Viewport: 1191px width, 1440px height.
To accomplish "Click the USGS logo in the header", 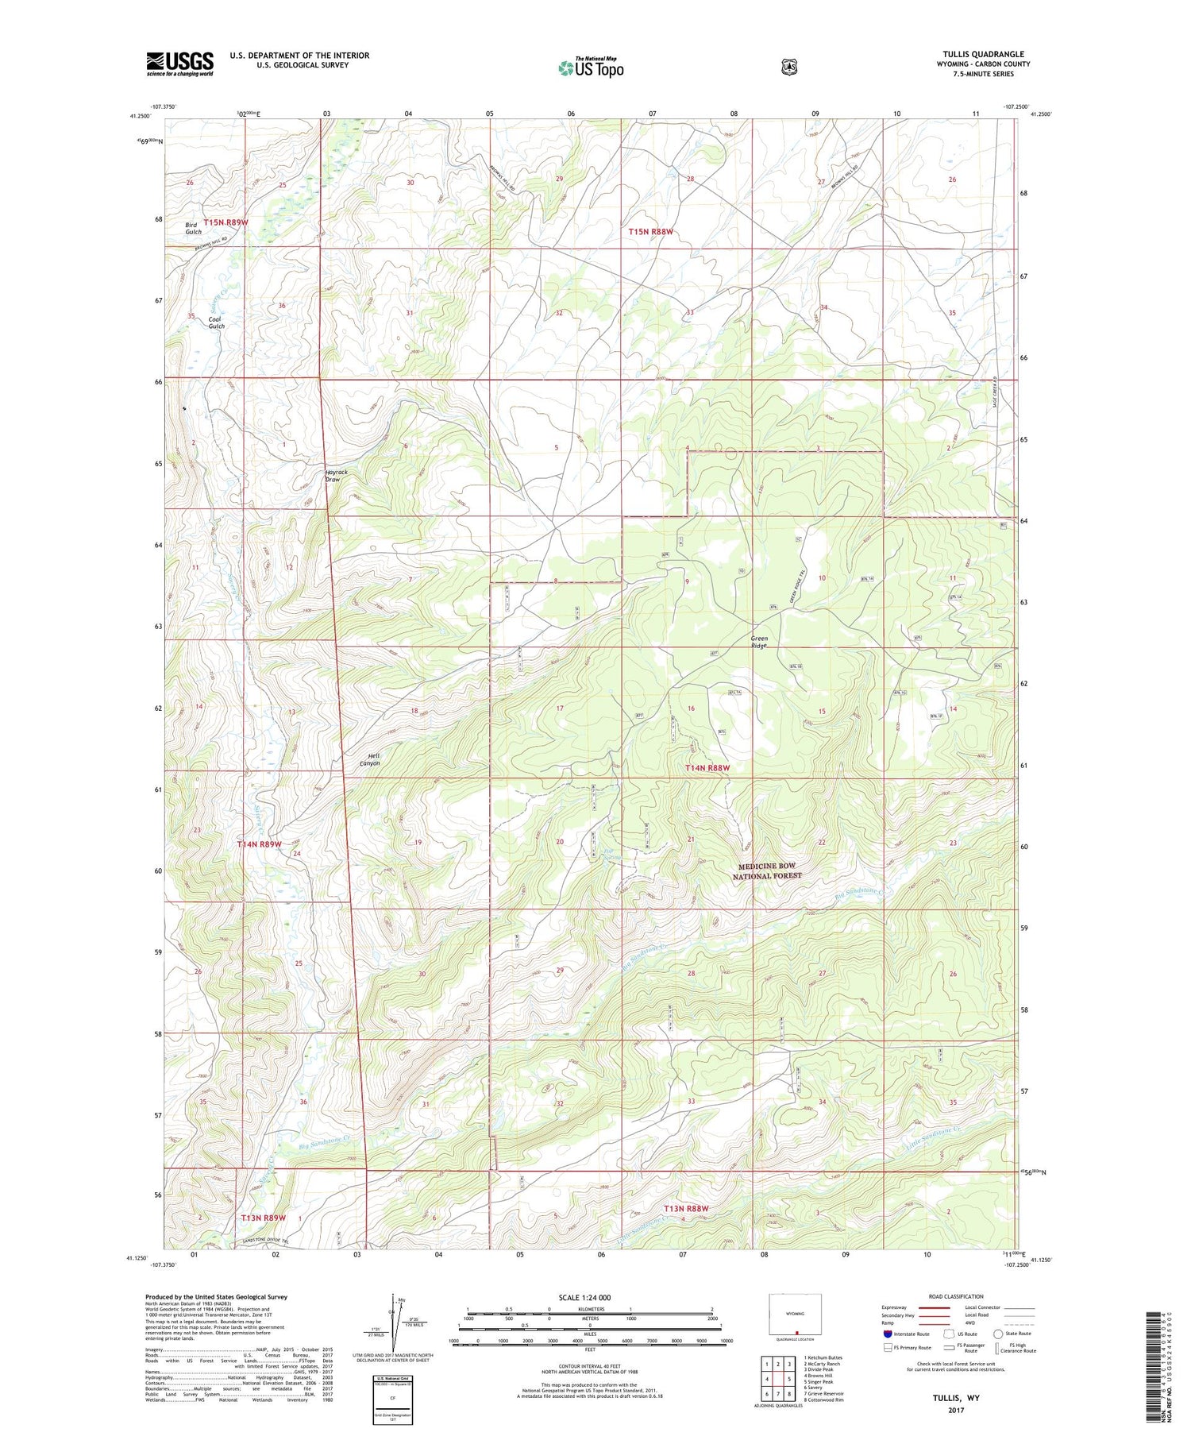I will (179, 64).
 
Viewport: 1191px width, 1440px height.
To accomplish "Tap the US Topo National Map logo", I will (591, 67).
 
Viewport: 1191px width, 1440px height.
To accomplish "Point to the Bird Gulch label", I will (193, 229).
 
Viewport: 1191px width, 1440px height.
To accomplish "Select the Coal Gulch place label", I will (216, 322).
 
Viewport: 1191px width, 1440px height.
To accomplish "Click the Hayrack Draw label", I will (337, 476).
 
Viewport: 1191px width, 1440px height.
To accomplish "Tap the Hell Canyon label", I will (369, 759).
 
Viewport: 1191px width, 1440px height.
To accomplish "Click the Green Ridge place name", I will (759, 642).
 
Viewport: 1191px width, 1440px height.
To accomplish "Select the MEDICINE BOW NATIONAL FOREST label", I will (766, 871).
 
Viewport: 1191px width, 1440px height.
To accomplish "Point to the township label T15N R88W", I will (650, 232).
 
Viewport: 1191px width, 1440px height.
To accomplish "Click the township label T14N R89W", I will (259, 844).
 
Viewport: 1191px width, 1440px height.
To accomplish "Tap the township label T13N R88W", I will (685, 1208).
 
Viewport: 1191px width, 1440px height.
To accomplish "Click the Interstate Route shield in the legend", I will (887, 1334).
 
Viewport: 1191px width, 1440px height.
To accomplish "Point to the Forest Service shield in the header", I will (788, 67).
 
